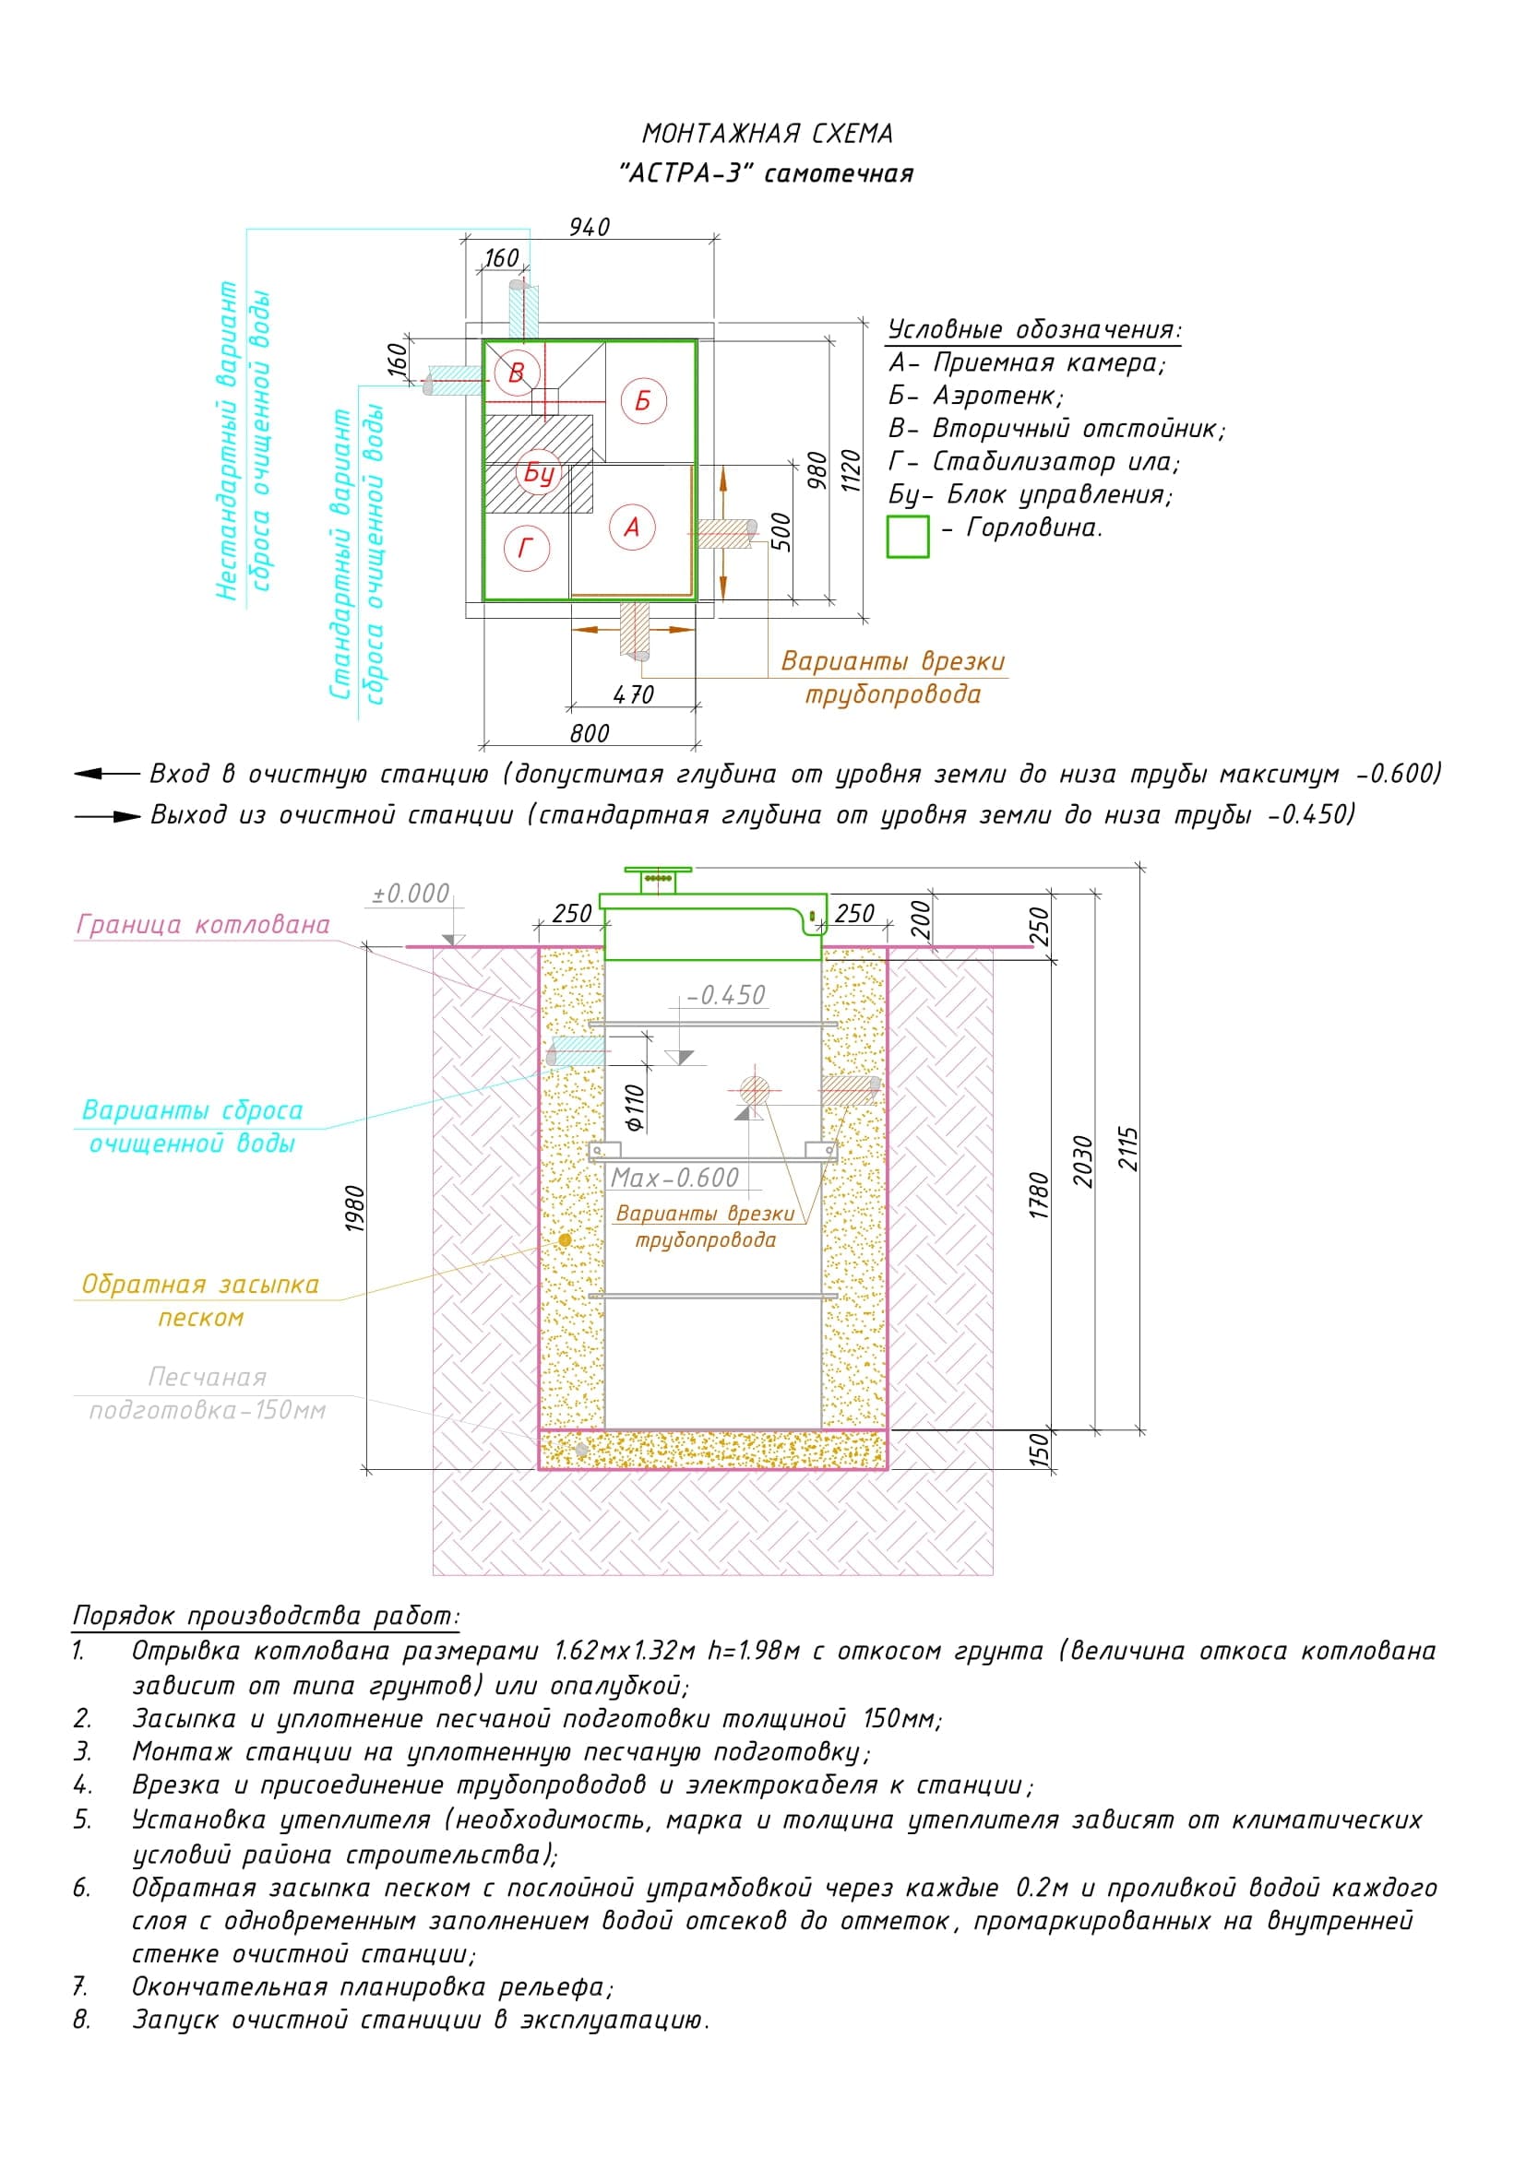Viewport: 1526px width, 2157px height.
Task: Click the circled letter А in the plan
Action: (x=631, y=527)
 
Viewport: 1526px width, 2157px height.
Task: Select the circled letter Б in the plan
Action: (x=643, y=400)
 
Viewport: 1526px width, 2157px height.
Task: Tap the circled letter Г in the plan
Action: (x=526, y=547)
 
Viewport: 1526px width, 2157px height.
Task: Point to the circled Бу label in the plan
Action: (x=539, y=472)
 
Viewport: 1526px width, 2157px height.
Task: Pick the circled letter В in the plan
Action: (x=516, y=373)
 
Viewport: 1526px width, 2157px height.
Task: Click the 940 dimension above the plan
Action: (x=590, y=228)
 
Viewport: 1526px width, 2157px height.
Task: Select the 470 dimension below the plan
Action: (x=632, y=694)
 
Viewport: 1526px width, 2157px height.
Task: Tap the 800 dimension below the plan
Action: (x=590, y=733)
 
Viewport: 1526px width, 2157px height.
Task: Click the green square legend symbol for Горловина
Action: (x=908, y=537)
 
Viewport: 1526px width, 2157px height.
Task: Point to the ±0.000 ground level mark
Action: (x=411, y=893)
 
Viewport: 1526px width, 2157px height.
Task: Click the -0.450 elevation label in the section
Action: (x=725, y=995)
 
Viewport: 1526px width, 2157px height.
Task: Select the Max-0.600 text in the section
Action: (x=674, y=1177)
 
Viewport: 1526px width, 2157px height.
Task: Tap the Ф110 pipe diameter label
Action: (x=635, y=1108)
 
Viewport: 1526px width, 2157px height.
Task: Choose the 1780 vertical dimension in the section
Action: (x=1038, y=1195)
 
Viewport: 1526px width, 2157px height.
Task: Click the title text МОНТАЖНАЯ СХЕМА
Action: (x=767, y=135)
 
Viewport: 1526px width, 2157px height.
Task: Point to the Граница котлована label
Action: (x=203, y=924)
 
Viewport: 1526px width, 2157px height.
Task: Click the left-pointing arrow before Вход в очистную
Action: (x=105, y=774)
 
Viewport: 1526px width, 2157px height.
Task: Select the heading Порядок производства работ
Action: (x=267, y=1616)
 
